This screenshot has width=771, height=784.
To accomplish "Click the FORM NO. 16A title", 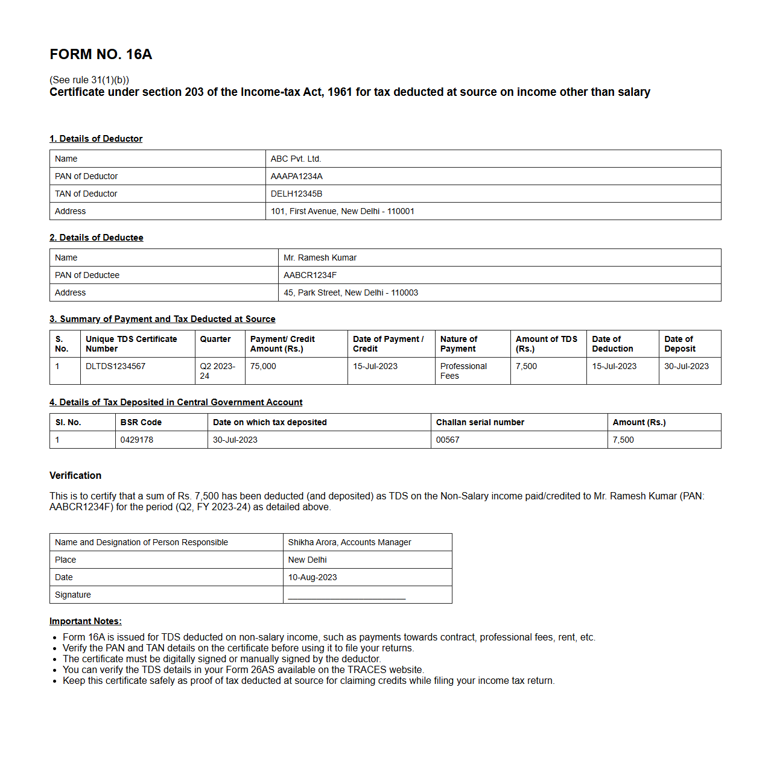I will (101, 54).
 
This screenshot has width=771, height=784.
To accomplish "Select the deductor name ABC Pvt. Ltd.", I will (296, 159).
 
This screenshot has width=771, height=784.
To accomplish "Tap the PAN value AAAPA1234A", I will (296, 176).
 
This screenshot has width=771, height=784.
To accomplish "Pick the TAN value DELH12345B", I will (296, 194).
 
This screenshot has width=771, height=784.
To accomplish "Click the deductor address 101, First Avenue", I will (342, 211).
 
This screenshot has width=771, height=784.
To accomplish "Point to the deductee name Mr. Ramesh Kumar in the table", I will (320, 258).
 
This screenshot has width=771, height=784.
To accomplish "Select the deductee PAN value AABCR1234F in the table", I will (310, 275).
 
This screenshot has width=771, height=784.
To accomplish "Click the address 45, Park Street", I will (351, 292).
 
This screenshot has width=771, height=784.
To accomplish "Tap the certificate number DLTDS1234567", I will (115, 366).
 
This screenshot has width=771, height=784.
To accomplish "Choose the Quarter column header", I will (215, 339).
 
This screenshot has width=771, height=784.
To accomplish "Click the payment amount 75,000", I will (263, 366).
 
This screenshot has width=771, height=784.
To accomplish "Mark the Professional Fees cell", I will (463, 371).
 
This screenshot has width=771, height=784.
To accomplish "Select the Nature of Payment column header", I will (458, 344).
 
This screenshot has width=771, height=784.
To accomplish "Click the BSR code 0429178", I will (136, 440).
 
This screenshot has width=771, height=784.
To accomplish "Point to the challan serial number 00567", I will (448, 440).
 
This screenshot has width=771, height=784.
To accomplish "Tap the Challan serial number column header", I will (480, 422).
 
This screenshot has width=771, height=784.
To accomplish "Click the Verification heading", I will (75, 475).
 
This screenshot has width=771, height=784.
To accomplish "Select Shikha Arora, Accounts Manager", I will (349, 542).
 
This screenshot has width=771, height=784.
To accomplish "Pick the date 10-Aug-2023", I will (313, 577).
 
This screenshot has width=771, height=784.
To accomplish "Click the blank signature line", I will (347, 597).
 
